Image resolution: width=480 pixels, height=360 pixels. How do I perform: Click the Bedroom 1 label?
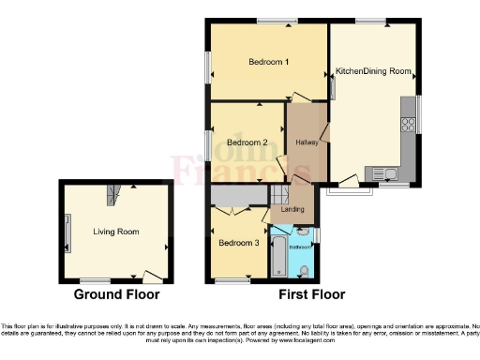(x=268, y=62)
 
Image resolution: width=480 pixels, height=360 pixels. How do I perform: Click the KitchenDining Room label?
(x=373, y=71)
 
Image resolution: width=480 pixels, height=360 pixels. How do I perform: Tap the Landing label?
(x=293, y=209)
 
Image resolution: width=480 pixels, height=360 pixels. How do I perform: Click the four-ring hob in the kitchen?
(x=409, y=121)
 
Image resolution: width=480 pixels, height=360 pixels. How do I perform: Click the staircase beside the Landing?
(x=279, y=195)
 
